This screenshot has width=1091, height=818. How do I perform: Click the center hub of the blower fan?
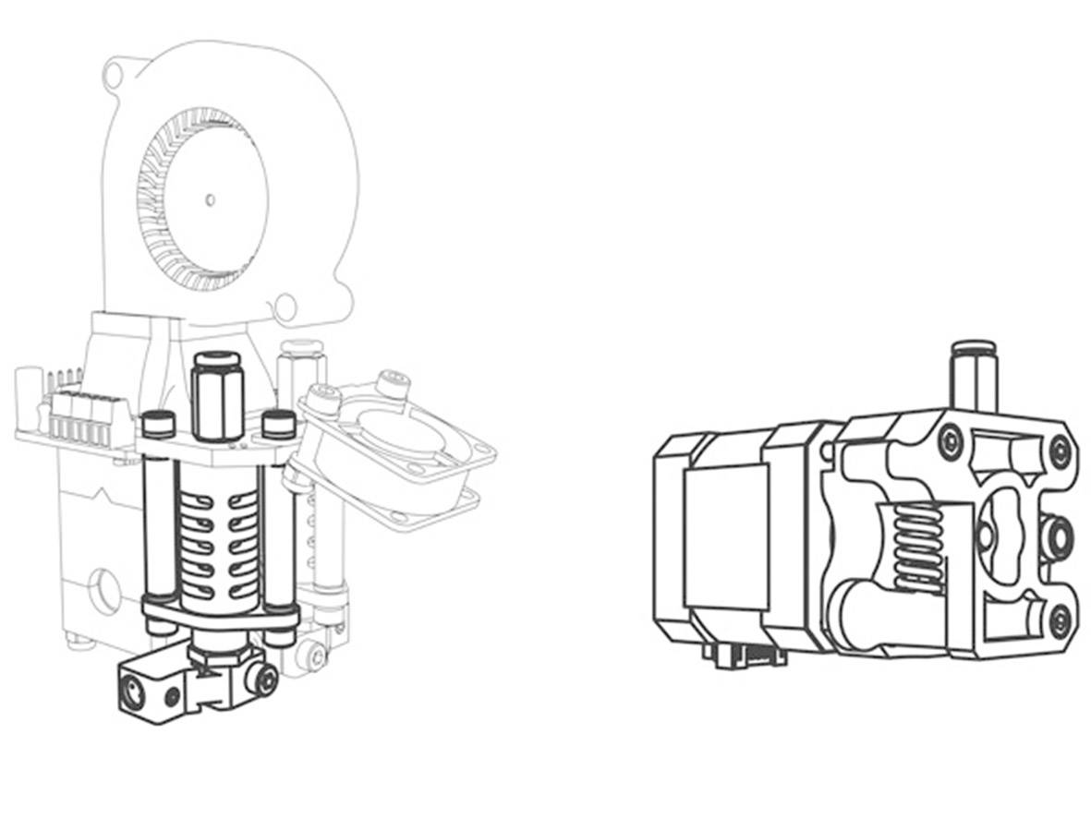click(x=210, y=198)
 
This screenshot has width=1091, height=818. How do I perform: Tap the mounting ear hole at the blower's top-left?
click(x=114, y=75)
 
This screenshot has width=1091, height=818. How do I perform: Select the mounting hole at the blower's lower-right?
click(x=286, y=305)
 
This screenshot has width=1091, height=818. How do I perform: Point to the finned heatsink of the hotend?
click(x=218, y=545)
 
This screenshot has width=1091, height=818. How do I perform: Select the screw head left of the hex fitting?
click(x=159, y=425)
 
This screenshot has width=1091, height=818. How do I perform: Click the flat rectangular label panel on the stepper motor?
click(x=725, y=535)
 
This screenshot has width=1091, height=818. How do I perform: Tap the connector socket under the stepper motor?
click(x=745, y=654)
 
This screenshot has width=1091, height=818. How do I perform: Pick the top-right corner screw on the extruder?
click(x=1060, y=451)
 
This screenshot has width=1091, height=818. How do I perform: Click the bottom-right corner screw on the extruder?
click(x=1060, y=620)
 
